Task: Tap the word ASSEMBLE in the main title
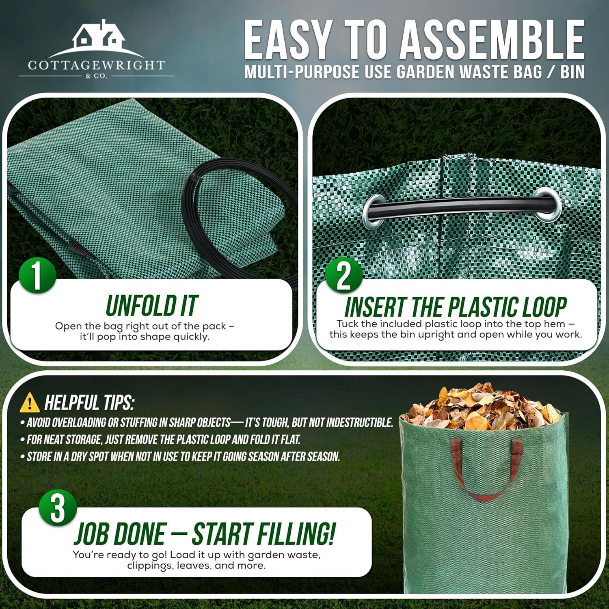[x=492, y=41]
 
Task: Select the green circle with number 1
[x=37, y=276]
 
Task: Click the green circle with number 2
[x=343, y=276]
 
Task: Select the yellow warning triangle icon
[x=30, y=403]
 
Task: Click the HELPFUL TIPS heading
[x=89, y=403]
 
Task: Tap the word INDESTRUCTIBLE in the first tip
[x=359, y=423]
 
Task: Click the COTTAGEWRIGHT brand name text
[x=97, y=65]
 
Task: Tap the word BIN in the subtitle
[x=572, y=72]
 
